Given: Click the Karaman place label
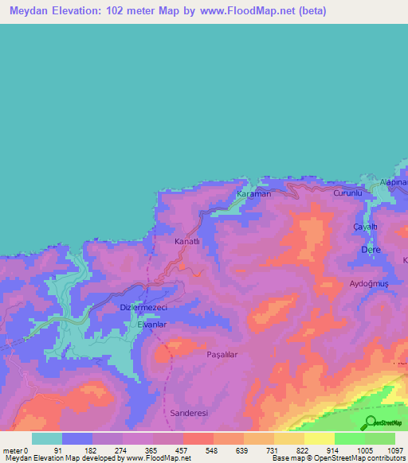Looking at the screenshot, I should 255,194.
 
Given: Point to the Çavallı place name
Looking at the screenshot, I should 364,227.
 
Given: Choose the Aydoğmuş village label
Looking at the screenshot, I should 368,284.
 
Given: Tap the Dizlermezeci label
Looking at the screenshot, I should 142,308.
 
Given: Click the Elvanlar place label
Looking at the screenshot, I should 151,325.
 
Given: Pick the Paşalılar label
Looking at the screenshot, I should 223,354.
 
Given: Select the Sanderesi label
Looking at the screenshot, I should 189,414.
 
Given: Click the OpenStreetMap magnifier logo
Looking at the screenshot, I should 370,422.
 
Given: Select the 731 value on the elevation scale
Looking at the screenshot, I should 273,450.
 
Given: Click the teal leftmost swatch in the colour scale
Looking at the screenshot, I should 47,438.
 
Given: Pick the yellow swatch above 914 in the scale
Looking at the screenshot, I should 320,438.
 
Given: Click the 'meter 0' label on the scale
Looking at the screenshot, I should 16,450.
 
